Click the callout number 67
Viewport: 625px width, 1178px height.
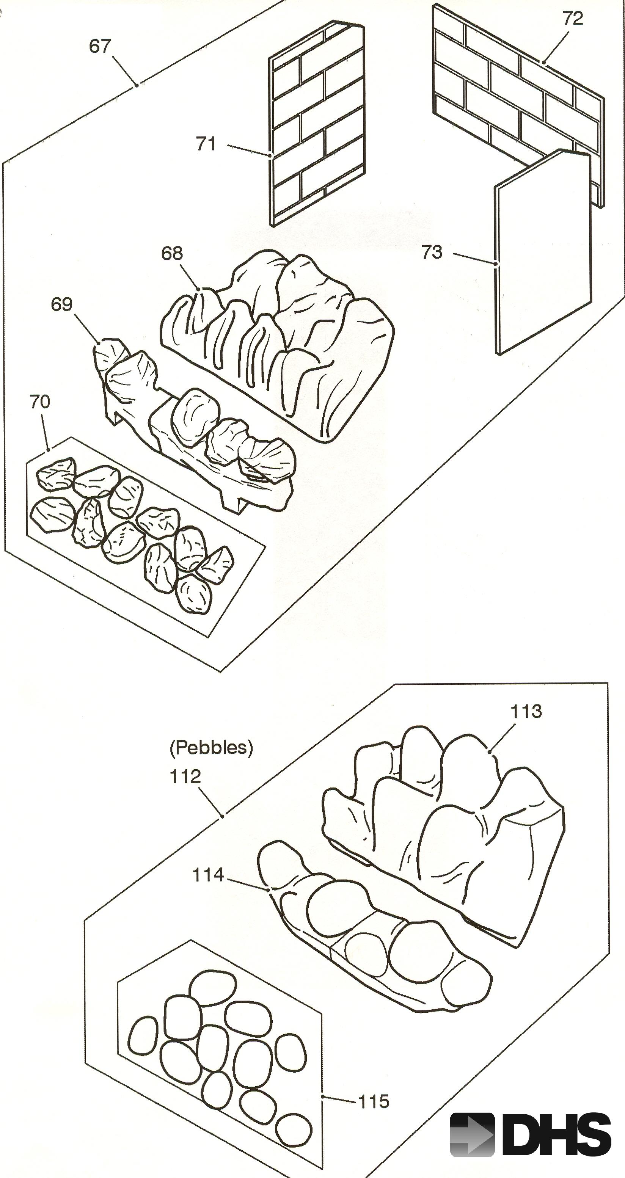(100, 46)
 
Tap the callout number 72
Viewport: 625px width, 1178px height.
(572, 19)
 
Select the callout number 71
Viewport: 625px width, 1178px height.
(206, 144)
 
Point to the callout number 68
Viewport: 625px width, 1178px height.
(172, 253)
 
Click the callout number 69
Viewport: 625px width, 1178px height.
(62, 304)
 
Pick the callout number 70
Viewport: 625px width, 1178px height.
(40, 402)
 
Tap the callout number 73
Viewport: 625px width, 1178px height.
(432, 253)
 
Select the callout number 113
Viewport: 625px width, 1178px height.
(526, 712)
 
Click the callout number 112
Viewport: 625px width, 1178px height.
(185, 776)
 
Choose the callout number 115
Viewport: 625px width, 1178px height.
(374, 1102)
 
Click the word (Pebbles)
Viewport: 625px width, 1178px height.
(211, 747)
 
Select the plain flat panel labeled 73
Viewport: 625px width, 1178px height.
(542, 256)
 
